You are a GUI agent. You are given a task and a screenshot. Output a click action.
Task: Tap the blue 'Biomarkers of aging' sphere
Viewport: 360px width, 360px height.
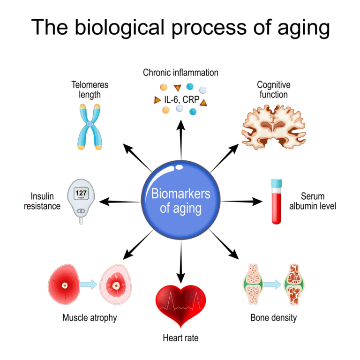coord(180,201)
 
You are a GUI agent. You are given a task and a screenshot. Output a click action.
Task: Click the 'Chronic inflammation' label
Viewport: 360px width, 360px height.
coord(180,73)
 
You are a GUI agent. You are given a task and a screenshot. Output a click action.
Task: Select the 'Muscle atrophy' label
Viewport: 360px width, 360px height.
coord(90,318)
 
